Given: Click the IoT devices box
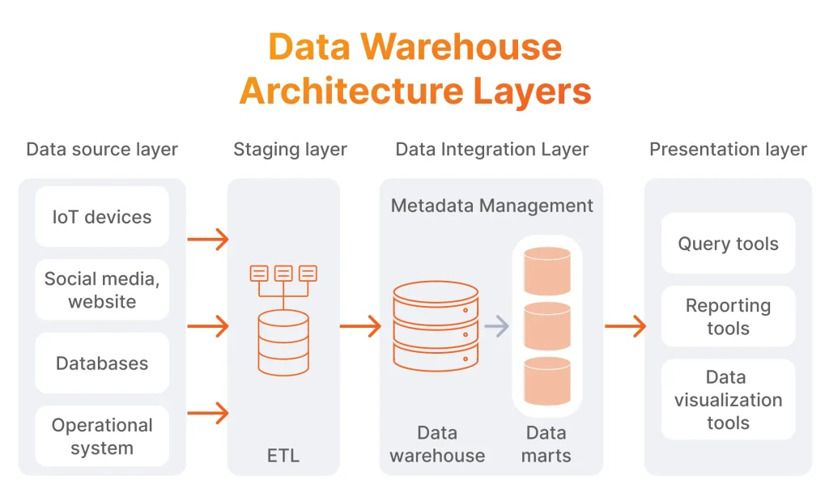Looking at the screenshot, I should pyautogui.click(x=102, y=217).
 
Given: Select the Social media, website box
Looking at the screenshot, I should pyautogui.click(x=102, y=290).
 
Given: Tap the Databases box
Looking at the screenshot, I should pyautogui.click(x=102, y=363).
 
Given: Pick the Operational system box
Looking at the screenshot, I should pyautogui.click(x=102, y=436).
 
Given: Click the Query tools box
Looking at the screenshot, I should pyautogui.click(x=728, y=244).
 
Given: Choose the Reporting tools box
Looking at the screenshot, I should pyautogui.click(x=728, y=316).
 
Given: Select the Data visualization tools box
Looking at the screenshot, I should pyautogui.click(x=728, y=399).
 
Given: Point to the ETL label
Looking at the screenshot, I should pyautogui.click(x=283, y=456).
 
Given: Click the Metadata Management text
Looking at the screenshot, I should pyautogui.click(x=491, y=206).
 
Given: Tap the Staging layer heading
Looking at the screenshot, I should pyautogui.click(x=290, y=150).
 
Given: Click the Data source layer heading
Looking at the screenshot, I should pyautogui.click(x=102, y=150).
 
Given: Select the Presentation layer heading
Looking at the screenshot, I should pyautogui.click(x=728, y=150).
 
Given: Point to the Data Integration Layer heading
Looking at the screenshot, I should pyautogui.click(x=491, y=150).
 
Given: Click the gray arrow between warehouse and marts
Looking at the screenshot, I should pyautogui.click(x=497, y=326).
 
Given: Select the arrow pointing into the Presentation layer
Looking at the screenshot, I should pyautogui.click(x=625, y=326).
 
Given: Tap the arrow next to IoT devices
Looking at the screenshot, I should pyautogui.click(x=207, y=239).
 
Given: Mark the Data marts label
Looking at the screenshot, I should pyautogui.click(x=546, y=444).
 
